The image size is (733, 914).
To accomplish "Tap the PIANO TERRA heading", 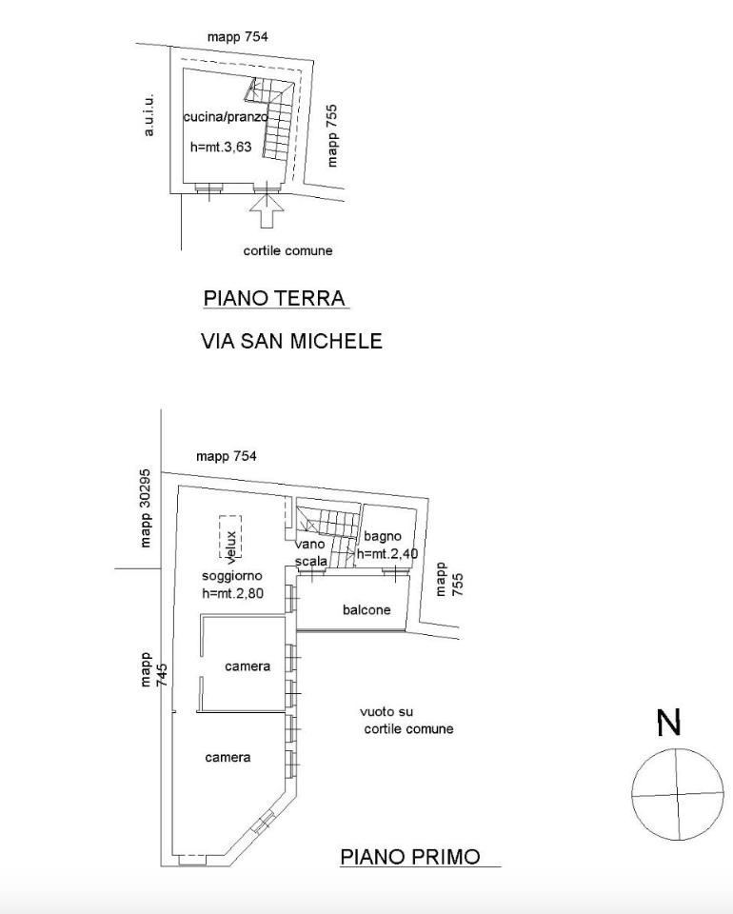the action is pos(274,298).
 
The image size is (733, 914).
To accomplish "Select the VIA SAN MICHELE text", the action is pos(291,341).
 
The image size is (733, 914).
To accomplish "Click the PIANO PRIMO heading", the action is pos(410,857).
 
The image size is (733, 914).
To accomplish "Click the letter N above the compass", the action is pos(668,723).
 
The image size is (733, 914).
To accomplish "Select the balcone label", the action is pos(366,609).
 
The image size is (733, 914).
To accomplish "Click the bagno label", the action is pos(383,536).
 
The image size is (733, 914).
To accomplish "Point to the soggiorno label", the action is pos(232,576).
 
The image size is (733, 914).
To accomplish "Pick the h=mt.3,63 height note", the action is pos(221,147).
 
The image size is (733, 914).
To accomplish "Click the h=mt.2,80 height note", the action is pos(232,593).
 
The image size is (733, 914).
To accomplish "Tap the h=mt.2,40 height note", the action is pos(386,553).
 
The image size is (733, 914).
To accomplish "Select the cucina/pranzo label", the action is pos(226,116).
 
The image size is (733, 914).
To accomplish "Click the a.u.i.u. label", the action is pos(149,115).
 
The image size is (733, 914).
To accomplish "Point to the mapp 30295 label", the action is pos(145,508).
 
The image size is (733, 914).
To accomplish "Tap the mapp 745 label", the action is pos(154,669).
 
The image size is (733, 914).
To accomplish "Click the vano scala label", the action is pos(310,552).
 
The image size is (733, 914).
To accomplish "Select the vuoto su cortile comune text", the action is pos(406,720).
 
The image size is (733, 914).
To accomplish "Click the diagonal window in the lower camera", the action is pos(264,822).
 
